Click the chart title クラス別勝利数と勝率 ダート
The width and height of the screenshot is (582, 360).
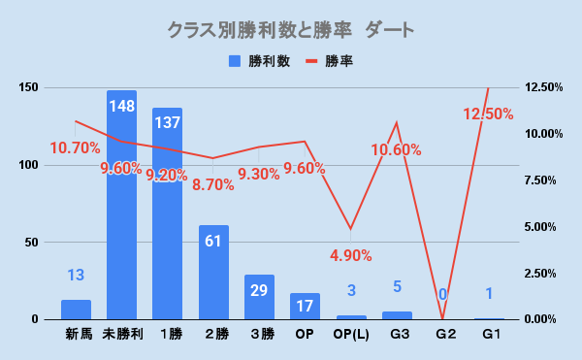291,30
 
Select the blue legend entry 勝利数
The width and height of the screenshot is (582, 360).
260,61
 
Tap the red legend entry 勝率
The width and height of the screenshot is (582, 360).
329,61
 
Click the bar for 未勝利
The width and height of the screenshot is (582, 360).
122,205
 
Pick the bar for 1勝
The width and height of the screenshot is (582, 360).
168,213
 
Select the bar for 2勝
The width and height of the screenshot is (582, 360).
213,273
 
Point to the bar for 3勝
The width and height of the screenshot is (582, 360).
259,297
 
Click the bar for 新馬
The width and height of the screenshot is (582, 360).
76,310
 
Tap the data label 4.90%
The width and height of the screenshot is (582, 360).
351,255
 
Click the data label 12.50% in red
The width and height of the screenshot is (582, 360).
489,114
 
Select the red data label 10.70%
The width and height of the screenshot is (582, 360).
75,148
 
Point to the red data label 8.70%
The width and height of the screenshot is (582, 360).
213,184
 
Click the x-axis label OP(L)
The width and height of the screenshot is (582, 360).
351,335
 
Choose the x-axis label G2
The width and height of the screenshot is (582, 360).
446,335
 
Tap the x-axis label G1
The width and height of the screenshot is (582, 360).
492,335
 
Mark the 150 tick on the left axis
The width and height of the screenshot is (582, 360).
28,87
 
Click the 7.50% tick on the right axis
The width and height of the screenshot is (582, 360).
540,180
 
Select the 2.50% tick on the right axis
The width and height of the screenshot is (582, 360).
540,274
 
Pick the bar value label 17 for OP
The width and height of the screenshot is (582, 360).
305,307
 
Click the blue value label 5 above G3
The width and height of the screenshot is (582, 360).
397,286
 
